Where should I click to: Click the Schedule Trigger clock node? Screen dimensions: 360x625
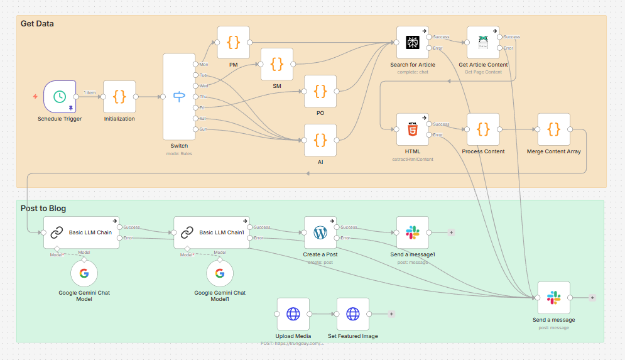pyautogui.click(x=60, y=97)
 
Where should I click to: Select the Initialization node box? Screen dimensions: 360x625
pyautogui.click(x=119, y=97)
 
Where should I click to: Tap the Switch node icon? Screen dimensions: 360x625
pyautogui.click(x=179, y=97)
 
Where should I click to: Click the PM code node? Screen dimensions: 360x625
pyautogui.click(x=234, y=42)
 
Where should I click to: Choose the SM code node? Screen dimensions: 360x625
pyautogui.click(x=277, y=64)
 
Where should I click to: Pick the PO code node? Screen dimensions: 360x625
pyautogui.click(x=320, y=91)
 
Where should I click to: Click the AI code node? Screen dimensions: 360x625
pyautogui.click(x=320, y=139)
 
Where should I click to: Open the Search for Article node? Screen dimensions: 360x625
pyautogui.click(x=413, y=42)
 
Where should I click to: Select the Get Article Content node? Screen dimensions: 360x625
pyautogui.click(x=483, y=42)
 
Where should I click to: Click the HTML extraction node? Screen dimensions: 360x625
pyautogui.click(x=413, y=129)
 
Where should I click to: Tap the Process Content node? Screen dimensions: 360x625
pyautogui.click(x=483, y=129)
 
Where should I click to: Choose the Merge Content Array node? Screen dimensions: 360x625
pyautogui.click(x=553, y=129)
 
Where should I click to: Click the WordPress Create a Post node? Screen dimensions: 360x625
pyautogui.click(x=320, y=232)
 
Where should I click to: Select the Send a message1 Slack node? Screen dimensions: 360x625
pyautogui.click(x=413, y=232)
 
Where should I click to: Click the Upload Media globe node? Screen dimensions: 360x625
pyautogui.click(x=293, y=314)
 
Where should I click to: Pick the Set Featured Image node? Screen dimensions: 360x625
pyautogui.click(x=353, y=314)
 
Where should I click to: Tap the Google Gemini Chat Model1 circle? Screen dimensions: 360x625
pyautogui.click(x=220, y=273)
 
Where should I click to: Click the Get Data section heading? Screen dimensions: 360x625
pyautogui.click(x=37, y=24)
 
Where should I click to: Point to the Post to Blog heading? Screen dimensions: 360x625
pyautogui.click(x=43, y=209)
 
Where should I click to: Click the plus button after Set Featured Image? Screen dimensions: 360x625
pyautogui.click(x=391, y=314)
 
